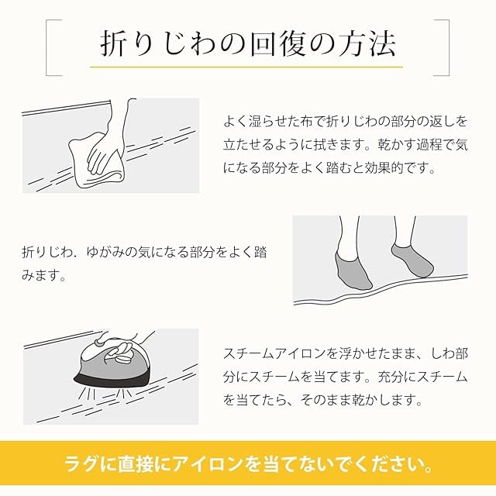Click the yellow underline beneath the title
pos(246,67)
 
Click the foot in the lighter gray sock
pos(412,260)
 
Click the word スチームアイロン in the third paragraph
pos(275,354)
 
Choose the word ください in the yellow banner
pos(381,465)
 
